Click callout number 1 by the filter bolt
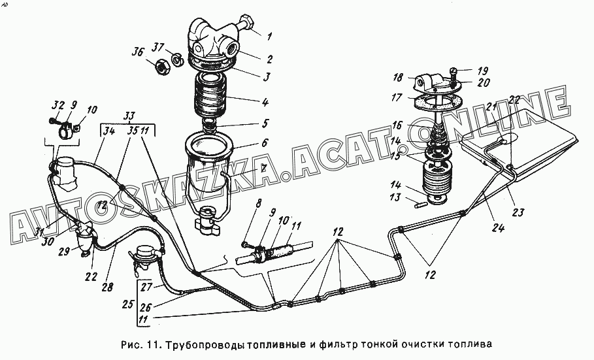pos(269,36)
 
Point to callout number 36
pos(137,52)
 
